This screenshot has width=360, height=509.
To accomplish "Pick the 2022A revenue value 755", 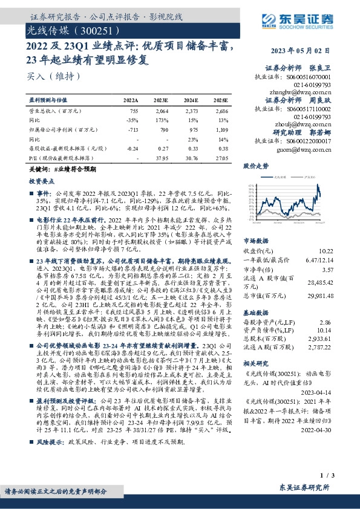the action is click(134, 111).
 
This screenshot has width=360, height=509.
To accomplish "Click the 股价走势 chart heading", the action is click(255, 165).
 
